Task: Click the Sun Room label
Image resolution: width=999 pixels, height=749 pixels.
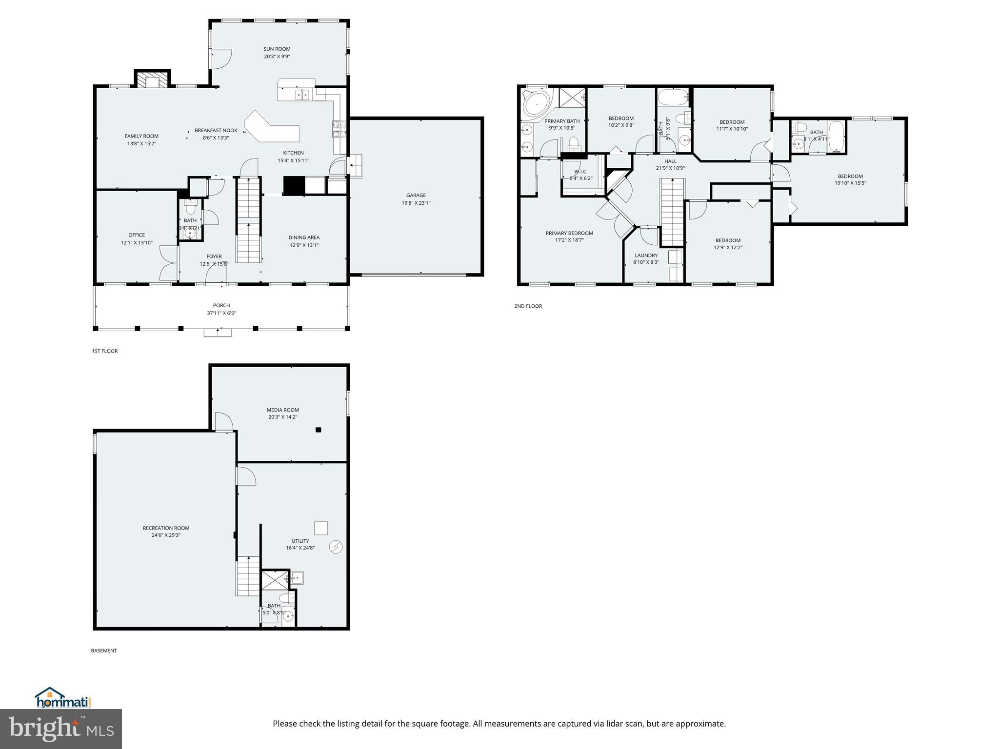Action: point(277,49)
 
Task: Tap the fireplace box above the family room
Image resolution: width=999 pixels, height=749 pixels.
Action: point(153,80)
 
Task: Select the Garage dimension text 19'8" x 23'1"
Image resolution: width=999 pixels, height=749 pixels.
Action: point(416,203)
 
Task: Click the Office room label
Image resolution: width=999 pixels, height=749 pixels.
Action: point(137,235)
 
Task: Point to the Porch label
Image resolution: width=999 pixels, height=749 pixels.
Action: point(221,306)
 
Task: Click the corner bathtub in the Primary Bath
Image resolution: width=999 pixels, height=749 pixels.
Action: point(536,104)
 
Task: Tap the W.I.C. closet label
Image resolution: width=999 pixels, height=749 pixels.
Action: point(580,172)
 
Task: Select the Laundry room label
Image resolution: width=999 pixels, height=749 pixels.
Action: point(646,256)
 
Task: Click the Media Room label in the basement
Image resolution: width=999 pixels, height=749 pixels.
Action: point(282,410)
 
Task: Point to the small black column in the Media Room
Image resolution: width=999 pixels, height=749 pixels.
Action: point(318,430)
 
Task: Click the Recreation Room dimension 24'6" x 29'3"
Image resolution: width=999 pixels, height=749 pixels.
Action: point(166,535)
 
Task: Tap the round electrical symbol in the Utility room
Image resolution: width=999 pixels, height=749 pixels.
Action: point(336,548)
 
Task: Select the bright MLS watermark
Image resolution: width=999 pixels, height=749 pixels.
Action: point(61,729)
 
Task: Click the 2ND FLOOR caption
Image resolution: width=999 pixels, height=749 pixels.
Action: point(528,306)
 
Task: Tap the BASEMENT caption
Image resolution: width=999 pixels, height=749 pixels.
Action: point(104,650)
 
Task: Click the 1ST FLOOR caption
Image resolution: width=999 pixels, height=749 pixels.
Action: point(105,351)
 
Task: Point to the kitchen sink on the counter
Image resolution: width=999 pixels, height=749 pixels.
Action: point(302,94)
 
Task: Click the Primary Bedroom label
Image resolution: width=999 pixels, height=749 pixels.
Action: point(569,233)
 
